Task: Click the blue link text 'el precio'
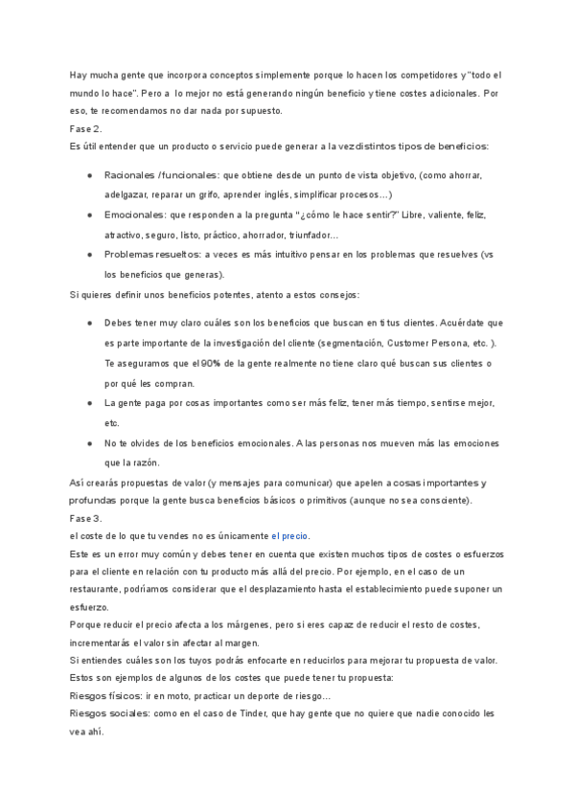click(x=289, y=535)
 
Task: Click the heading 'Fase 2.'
click(x=85, y=128)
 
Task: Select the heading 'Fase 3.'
click(x=85, y=517)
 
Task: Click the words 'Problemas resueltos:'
click(x=152, y=254)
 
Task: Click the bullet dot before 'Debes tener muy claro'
click(x=89, y=323)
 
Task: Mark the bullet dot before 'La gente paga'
click(x=89, y=403)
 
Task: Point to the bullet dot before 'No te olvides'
click(x=89, y=443)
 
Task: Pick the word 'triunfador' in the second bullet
click(x=303, y=235)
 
